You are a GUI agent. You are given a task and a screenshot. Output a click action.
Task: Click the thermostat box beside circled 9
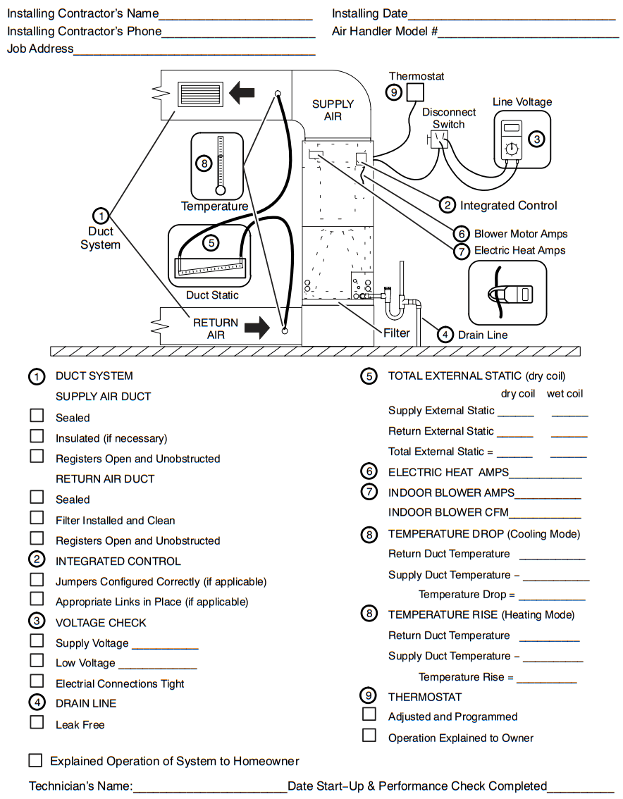click(417, 92)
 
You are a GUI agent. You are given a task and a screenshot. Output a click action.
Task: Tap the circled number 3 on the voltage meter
click(537, 139)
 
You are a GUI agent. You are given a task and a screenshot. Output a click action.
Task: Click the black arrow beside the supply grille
click(242, 92)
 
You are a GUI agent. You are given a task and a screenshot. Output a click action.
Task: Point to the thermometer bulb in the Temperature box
click(221, 190)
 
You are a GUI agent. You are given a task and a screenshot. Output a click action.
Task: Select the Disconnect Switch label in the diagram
click(449, 118)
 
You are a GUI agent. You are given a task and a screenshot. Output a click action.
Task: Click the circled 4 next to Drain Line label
click(445, 335)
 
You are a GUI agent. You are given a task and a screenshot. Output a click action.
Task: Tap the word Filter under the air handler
click(396, 333)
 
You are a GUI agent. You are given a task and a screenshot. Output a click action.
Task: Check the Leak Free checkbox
click(37, 722)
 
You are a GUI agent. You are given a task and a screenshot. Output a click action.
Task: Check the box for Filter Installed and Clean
click(37, 518)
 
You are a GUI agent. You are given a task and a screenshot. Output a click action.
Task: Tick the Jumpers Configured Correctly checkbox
click(37, 579)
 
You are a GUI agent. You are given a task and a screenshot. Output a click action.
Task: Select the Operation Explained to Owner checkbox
click(369, 736)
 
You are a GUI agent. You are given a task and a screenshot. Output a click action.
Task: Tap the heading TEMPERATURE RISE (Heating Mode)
click(481, 614)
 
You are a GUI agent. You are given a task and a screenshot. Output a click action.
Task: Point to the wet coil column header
click(565, 394)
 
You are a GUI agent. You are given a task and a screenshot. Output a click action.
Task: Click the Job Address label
click(40, 49)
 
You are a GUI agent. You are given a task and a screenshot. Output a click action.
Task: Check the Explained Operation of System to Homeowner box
click(35, 760)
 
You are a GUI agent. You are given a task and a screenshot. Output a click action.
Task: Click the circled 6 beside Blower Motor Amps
click(461, 234)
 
